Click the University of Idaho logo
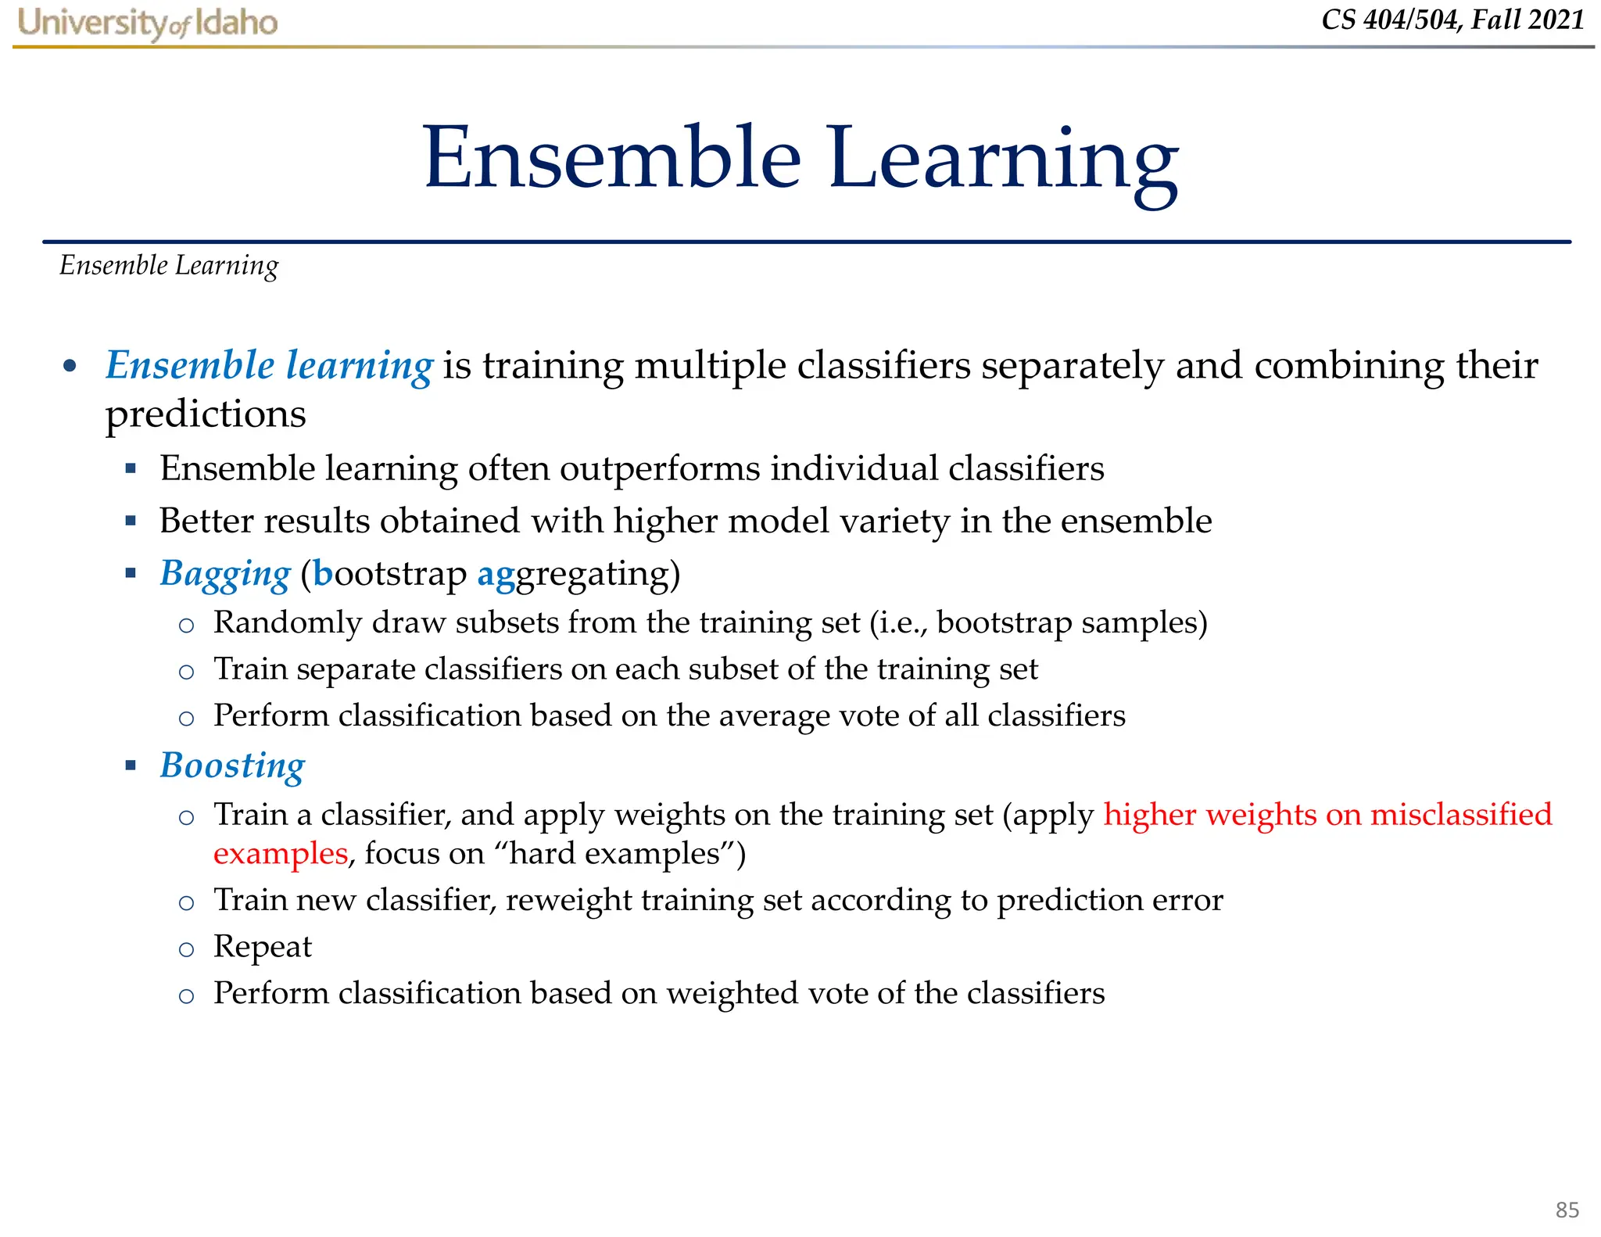tap(147, 23)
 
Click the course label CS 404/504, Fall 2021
tap(1452, 20)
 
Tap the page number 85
tap(1567, 1210)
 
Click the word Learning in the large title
tap(1002, 160)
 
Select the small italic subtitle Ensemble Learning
tap(169, 266)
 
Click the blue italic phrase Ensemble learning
tap(269, 366)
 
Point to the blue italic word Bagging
tap(225, 574)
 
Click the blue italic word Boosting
tap(232, 766)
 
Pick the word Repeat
tap(263, 947)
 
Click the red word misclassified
tap(1460, 815)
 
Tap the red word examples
tap(280, 854)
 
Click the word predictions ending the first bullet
tap(206, 414)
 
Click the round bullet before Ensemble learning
tap(70, 366)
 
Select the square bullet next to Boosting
tap(131, 766)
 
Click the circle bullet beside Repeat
tap(186, 950)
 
